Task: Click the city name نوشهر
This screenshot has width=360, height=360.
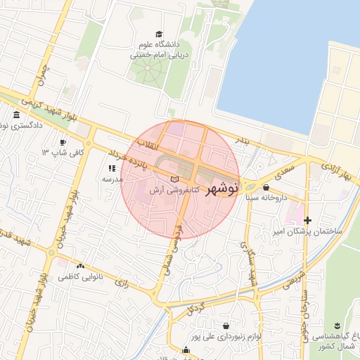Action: click(224, 188)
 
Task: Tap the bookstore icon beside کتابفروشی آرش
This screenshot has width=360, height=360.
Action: click(175, 181)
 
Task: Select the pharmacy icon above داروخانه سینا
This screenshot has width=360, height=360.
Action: click(266, 188)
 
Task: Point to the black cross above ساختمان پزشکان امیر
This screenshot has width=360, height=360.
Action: click(307, 220)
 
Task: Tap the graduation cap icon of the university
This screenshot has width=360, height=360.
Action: click(159, 34)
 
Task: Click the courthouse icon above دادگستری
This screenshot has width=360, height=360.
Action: click(16, 115)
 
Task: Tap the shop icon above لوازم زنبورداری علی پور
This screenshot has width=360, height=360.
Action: click(225, 326)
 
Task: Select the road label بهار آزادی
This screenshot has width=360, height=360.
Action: click(336, 172)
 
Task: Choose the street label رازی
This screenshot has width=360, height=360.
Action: click(121, 283)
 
